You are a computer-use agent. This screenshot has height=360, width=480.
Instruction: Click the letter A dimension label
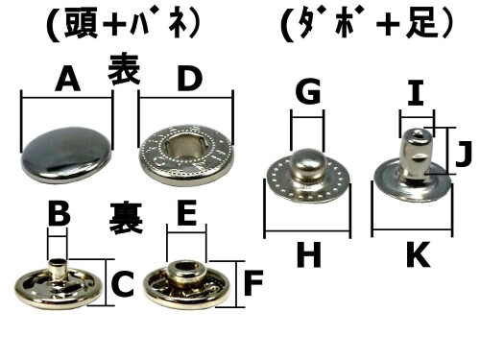click(66, 81)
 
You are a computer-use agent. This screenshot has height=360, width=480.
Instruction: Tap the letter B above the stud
click(59, 212)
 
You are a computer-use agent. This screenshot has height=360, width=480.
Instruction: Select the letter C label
click(122, 283)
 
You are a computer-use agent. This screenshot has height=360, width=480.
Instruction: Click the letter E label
click(187, 212)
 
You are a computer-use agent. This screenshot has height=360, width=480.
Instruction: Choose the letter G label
click(307, 93)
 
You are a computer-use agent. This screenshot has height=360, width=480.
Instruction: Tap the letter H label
click(307, 254)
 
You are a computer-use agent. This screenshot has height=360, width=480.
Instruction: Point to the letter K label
click(415, 254)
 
